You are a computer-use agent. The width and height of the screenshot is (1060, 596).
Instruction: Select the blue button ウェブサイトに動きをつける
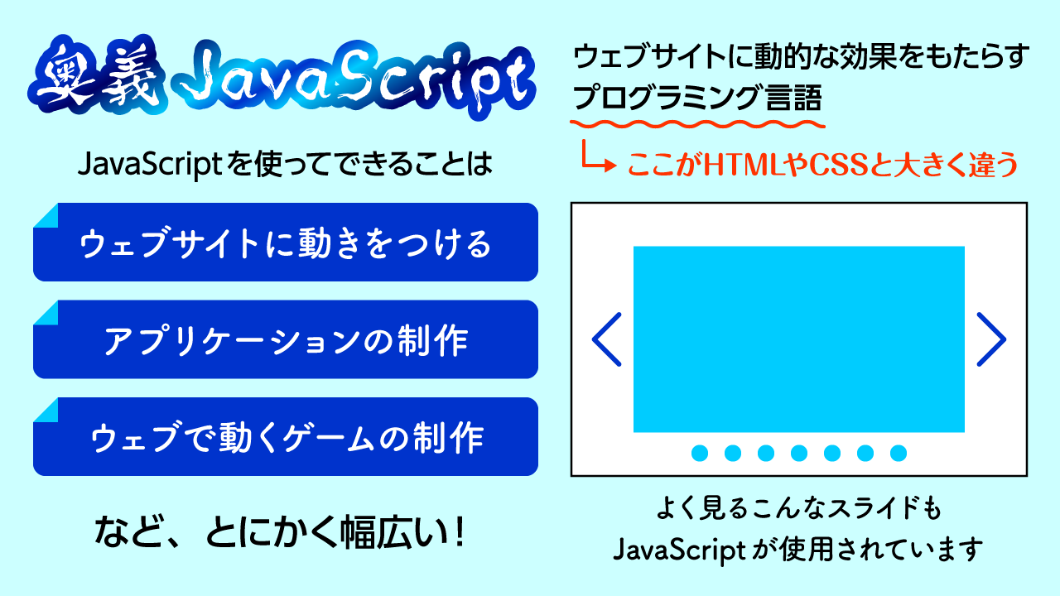pos(286,243)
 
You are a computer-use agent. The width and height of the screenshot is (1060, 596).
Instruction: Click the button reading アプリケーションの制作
pos(286,339)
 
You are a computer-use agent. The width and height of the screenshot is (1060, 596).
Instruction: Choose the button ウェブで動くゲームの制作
pos(286,436)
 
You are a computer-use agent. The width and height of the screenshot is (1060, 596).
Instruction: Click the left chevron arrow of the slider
pos(607,339)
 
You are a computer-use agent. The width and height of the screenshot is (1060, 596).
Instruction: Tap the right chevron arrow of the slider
pos(990,339)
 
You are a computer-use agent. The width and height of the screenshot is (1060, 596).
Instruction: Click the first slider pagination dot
pos(700,453)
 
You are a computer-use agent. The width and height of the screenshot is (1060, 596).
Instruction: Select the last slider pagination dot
pos(899,453)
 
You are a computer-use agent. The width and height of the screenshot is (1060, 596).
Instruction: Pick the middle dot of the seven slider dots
pos(799,453)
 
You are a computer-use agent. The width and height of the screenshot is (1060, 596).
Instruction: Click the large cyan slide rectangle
pos(799,339)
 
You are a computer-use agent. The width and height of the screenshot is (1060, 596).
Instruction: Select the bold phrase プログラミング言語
pos(697,99)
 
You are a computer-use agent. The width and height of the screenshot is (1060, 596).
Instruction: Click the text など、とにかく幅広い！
pos(279,531)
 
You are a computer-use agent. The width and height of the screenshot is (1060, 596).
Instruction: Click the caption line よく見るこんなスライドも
pos(798,507)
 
